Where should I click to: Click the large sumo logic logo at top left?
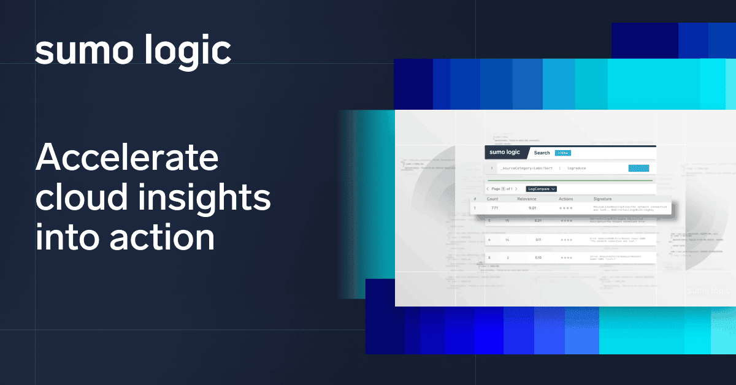click(133, 51)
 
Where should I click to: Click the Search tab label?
click(542, 153)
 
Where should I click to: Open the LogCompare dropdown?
click(541, 189)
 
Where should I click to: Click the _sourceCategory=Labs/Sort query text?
click(525, 167)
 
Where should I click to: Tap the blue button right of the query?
click(638, 167)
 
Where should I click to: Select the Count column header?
click(493, 199)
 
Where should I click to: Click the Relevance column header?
click(527, 199)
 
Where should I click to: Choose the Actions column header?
click(566, 199)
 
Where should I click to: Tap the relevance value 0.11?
click(538, 240)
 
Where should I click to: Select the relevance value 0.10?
click(538, 257)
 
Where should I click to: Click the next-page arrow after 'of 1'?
click(516, 189)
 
